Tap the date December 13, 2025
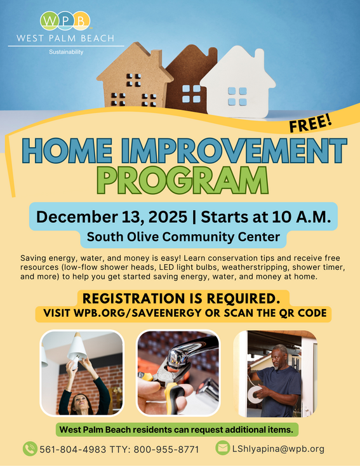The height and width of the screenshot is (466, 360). pos(112,216)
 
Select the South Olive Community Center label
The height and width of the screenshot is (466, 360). pos(184,238)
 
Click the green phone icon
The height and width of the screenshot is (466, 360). pos(29,448)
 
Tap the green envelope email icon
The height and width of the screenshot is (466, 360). pos(222,448)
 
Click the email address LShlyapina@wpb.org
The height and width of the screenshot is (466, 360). pos(278,449)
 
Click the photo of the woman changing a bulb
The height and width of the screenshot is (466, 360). pos(81,373)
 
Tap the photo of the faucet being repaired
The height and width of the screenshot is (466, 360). pos(178,373)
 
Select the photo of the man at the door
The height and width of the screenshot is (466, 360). pos(275,373)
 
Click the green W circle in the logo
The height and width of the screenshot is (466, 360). pos(49,21)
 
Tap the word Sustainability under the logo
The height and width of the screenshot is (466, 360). pos(66,51)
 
